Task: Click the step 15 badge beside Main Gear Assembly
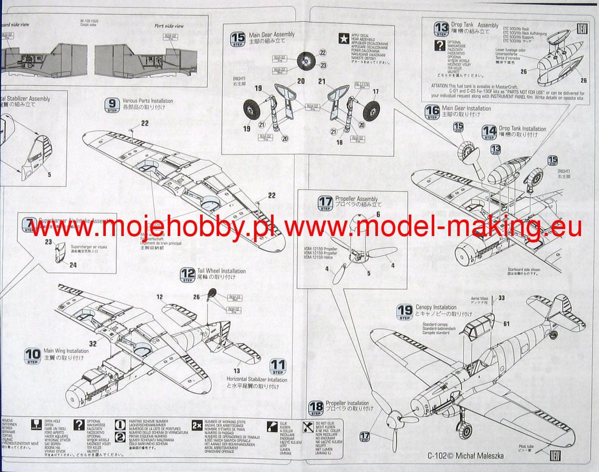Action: (238, 38)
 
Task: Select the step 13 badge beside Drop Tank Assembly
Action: (441, 28)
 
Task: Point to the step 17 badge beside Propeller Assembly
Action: (325, 203)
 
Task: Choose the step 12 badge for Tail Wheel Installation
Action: (188, 274)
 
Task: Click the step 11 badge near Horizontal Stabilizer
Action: (278, 367)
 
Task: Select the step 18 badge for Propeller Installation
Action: (316, 408)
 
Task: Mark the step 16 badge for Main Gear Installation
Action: (432, 112)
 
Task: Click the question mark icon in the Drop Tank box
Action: (440, 46)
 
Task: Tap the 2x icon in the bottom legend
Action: (197, 426)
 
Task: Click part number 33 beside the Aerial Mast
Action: (502, 298)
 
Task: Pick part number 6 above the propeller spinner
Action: (378, 214)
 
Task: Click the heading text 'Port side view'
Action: (169, 26)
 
